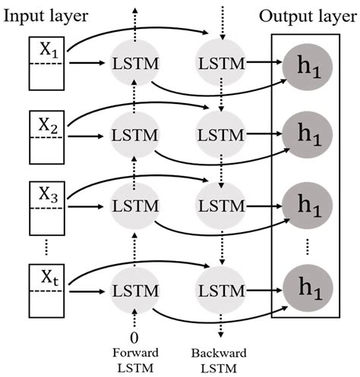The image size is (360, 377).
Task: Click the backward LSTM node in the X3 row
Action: pos(220,206)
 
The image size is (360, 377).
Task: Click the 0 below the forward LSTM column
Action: pos(134,336)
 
